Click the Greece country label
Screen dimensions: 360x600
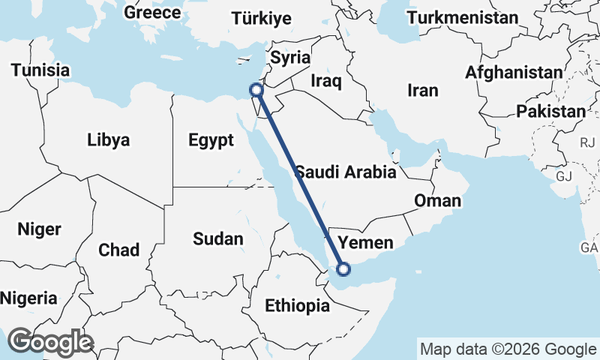pyautogui.click(x=152, y=12)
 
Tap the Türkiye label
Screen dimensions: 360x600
pyautogui.click(x=261, y=19)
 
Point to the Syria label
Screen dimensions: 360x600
pyautogui.click(x=289, y=57)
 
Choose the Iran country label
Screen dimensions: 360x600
pyautogui.click(x=422, y=91)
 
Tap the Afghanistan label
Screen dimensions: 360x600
pyautogui.click(x=514, y=73)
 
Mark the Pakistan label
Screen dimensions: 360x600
pyautogui.click(x=550, y=112)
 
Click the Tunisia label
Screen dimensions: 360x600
pyautogui.click(x=40, y=70)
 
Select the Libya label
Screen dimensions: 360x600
pyautogui.click(x=108, y=139)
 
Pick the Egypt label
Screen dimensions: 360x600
pyautogui.click(x=211, y=140)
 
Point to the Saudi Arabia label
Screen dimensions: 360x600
pyautogui.click(x=345, y=172)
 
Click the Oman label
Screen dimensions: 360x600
pyautogui.click(x=438, y=201)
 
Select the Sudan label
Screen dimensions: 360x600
pyautogui.click(x=217, y=239)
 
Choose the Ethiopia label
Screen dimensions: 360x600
pyautogui.click(x=297, y=305)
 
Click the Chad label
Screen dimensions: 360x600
pyautogui.click(x=118, y=250)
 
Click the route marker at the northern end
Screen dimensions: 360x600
pyautogui.click(x=256, y=90)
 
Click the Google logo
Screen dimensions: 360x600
pyautogui.click(x=49, y=342)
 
